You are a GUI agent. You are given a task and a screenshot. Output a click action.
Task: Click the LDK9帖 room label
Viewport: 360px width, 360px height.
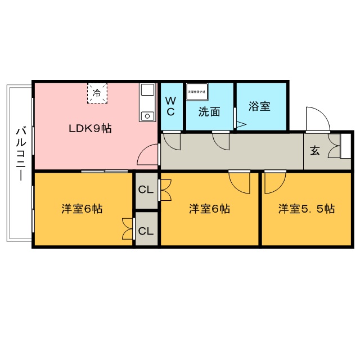[90, 128]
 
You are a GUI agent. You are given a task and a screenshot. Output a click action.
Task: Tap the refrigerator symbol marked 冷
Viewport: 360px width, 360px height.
[97, 93]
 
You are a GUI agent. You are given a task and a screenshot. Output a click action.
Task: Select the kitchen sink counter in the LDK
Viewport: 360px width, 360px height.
[147, 102]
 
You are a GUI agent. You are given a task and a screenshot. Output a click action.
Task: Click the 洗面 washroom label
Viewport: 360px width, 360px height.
[209, 111]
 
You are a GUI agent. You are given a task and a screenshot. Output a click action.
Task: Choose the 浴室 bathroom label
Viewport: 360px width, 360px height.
[260, 106]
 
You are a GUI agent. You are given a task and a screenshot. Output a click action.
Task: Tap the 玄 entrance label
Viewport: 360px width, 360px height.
[315, 151]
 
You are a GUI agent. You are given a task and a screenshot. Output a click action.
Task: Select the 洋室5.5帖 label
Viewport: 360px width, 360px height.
[307, 209]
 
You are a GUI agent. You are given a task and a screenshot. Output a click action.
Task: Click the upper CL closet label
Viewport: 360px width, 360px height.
[146, 190]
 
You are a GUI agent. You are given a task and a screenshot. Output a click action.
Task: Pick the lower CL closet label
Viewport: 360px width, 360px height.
[146, 231]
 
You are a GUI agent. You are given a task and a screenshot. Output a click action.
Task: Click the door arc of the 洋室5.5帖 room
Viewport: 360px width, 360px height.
[274, 182]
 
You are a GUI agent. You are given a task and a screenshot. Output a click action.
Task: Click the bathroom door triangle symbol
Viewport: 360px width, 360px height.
[240, 124]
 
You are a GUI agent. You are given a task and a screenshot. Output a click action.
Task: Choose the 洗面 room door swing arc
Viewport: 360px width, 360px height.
[221, 141]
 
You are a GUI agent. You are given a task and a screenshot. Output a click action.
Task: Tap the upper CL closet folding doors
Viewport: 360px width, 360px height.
[165, 190]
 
